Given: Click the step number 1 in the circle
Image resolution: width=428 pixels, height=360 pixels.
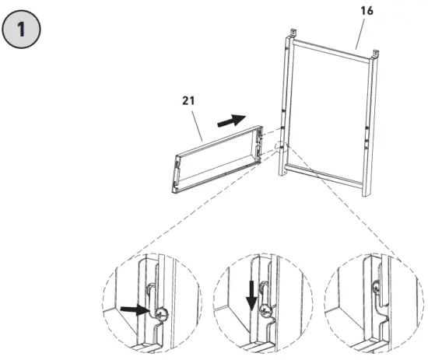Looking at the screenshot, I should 23,33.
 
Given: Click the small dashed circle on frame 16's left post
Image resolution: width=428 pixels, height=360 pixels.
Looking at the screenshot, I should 280,147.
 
